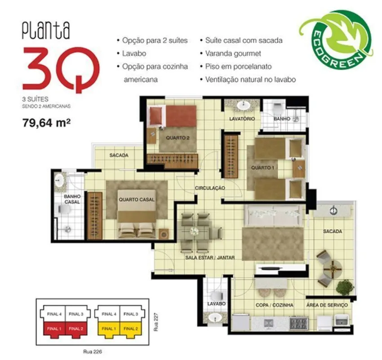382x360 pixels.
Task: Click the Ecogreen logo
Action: point(336,40)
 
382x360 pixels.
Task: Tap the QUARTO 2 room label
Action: point(178,138)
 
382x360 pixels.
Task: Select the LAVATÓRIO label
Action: point(242,119)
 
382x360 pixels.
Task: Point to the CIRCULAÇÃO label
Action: point(210,188)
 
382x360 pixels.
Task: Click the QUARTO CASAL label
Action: point(137,199)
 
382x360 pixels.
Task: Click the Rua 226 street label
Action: point(92,351)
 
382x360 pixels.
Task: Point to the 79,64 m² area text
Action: point(47,123)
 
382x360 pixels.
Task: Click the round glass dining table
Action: point(195,231)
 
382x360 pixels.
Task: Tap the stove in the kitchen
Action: point(299,323)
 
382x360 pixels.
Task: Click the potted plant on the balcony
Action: point(345,287)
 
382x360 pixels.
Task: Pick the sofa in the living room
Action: point(274,216)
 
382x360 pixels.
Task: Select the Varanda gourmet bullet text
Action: point(233,54)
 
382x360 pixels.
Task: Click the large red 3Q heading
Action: point(61,69)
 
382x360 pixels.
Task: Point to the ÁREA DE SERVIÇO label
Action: point(327,305)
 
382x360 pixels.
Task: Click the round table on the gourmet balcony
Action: point(333,268)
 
